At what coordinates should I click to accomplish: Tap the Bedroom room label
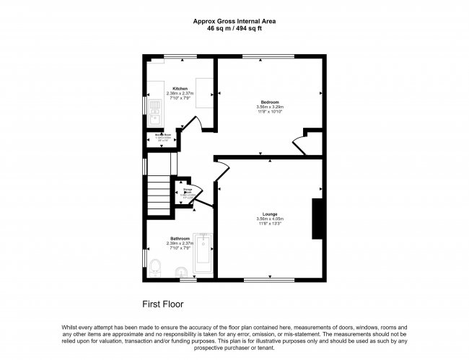(270, 102)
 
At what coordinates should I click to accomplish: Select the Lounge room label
(270, 214)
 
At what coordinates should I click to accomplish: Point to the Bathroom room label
(180, 239)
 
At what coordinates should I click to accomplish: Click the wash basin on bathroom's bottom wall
(183, 272)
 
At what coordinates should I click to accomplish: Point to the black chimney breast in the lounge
(316, 218)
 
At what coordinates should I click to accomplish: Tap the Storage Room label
(186, 192)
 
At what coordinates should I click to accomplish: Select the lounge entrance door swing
(223, 169)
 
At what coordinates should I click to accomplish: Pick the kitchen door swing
(191, 134)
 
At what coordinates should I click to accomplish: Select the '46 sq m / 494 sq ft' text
(234, 29)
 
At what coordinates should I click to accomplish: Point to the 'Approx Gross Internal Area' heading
(234, 21)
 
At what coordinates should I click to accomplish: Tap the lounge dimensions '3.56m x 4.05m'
(270, 219)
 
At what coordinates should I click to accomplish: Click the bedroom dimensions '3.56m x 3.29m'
(270, 107)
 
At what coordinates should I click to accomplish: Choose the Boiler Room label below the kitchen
(162, 136)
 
